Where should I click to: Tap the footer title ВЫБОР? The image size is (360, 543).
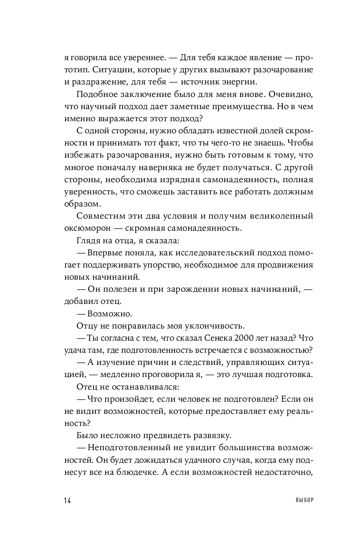point(304,500)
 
